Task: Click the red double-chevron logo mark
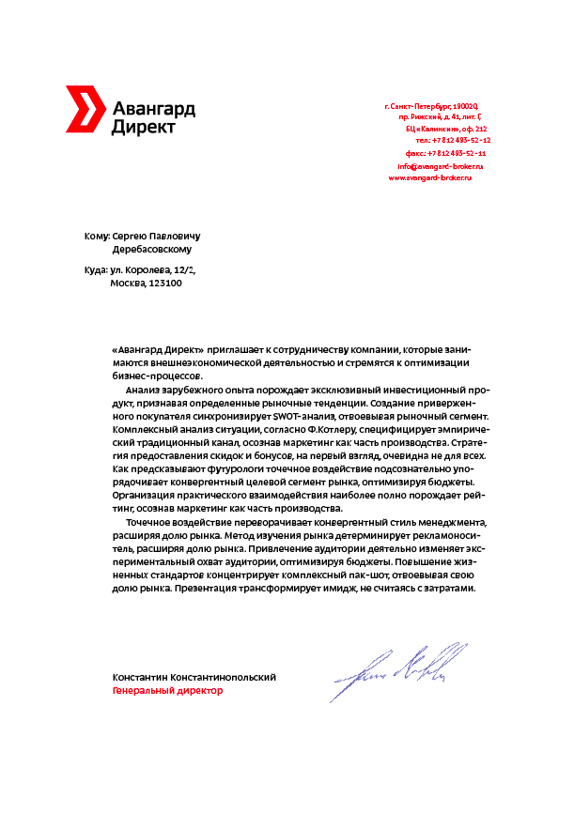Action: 83,108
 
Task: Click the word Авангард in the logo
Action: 153,109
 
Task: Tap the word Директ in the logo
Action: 143,127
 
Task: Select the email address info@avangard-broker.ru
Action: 439,165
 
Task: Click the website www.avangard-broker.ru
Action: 429,177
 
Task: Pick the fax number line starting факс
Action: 445,152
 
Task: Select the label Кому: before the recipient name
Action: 97,238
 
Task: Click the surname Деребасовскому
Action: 151,251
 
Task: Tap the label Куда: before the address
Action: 96,270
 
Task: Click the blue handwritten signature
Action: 399,668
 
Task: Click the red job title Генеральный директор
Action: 167,691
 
